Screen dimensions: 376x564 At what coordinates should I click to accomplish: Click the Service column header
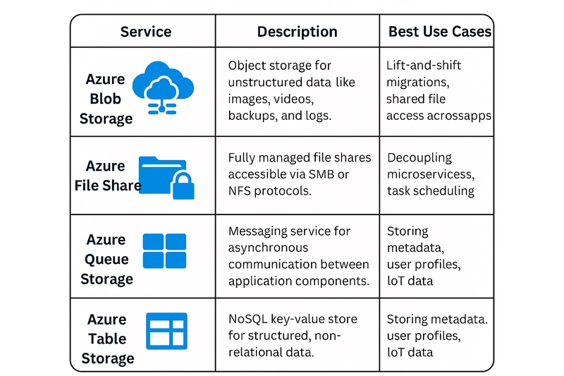146,32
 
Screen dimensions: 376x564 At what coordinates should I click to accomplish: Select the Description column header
297,32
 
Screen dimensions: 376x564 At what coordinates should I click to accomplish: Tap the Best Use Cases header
440,32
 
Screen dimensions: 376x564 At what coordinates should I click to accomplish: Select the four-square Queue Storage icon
164,251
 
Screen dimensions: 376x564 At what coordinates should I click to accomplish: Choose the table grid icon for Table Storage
166,331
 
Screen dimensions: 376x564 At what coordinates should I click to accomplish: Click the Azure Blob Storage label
105,99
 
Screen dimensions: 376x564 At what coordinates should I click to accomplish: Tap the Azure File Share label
107,176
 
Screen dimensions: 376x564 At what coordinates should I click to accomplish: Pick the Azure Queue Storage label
106,259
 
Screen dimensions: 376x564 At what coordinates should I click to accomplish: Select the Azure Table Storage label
107,339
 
